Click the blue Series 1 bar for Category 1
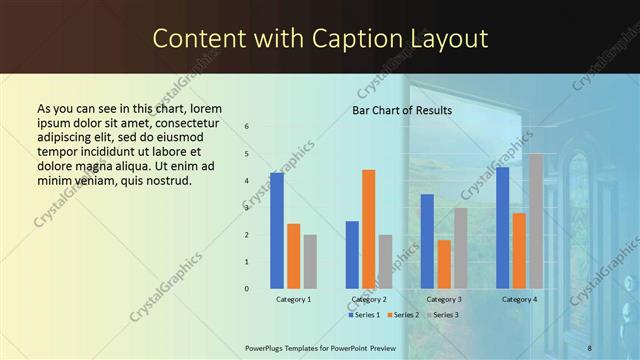(277, 230)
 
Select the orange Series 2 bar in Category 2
(369, 228)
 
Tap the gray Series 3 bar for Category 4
(536, 220)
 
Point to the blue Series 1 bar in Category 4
(502, 227)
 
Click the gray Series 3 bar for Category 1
(310, 261)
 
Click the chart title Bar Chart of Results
(402, 110)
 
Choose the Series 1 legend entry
(365, 315)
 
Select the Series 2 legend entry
(402, 315)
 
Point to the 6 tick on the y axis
(246, 127)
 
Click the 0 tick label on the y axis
(246, 289)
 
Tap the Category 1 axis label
(293, 300)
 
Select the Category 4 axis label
(519, 300)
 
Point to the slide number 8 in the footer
(590, 347)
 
